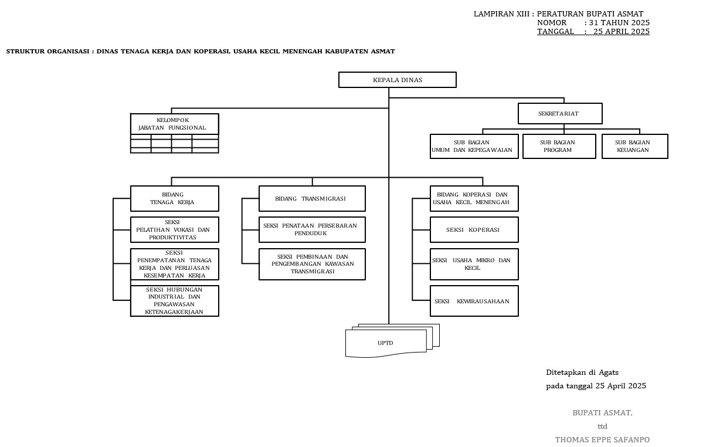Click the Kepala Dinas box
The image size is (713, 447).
click(x=398, y=80)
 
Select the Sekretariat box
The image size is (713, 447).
click(x=560, y=114)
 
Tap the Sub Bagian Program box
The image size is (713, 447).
click(x=557, y=147)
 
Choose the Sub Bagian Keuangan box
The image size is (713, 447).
click(x=634, y=147)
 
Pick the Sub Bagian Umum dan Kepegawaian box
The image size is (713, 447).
click(x=474, y=147)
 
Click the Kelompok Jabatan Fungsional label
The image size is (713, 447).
click(x=174, y=124)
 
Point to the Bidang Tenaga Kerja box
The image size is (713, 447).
click(x=174, y=198)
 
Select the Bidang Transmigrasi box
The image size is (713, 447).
click(x=312, y=198)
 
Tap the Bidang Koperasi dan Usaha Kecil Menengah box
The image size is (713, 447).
click(x=474, y=198)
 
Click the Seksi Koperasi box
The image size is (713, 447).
click(x=474, y=230)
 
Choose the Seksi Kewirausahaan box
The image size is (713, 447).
click(x=474, y=301)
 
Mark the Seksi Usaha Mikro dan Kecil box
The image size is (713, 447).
click(x=474, y=264)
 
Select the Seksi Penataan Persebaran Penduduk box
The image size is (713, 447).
click(x=312, y=229)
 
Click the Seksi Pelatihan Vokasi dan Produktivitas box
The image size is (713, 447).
click(x=174, y=230)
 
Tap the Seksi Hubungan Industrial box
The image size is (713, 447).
click(x=174, y=301)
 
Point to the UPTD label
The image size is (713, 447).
click(x=385, y=343)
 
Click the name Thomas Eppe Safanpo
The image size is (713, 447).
click(x=602, y=440)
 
